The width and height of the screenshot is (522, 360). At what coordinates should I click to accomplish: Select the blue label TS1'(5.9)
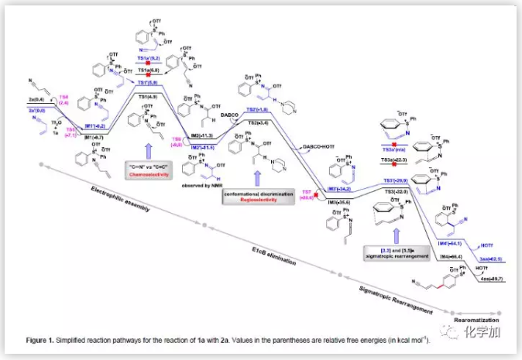pos(148,81)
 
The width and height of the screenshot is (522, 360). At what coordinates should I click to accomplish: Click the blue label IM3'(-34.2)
pos(342,187)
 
